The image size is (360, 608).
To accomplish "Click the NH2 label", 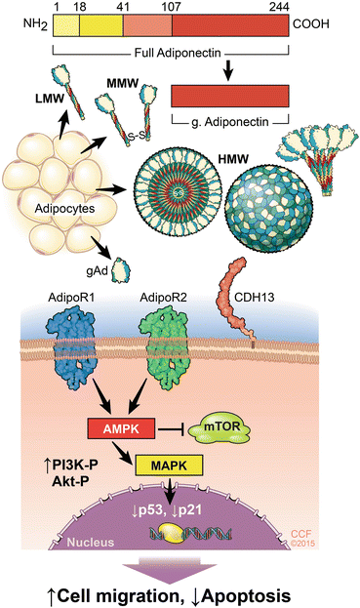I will click(x=20, y=25).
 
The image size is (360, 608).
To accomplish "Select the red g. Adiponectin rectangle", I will click(x=230, y=96).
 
